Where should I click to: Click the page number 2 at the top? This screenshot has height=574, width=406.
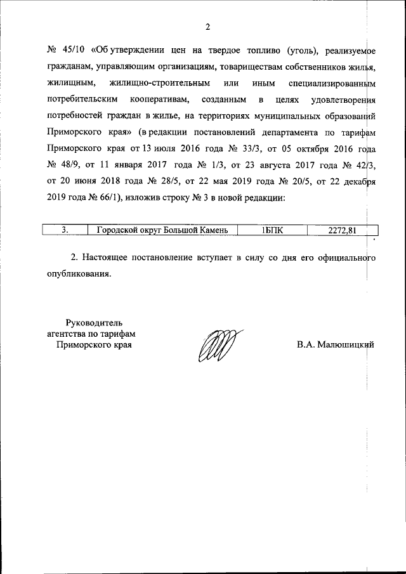pyautogui.click(x=207, y=26)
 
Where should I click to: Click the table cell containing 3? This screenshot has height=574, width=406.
pyautogui.click(x=65, y=230)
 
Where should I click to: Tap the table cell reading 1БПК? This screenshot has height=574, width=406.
pyautogui.click(x=272, y=230)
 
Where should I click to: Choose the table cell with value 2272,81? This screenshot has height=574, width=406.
pyautogui.click(x=343, y=230)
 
